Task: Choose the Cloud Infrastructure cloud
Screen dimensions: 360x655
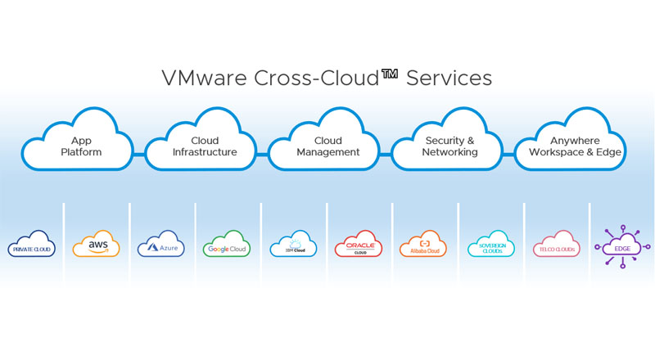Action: tap(204, 146)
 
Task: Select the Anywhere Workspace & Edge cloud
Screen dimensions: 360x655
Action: tap(575, 146)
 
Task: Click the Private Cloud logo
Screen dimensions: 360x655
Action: tap(31, 246)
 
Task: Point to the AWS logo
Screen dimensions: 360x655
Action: tap(96, 245)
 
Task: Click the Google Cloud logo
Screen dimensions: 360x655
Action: tap(228, 246)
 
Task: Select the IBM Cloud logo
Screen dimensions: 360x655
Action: tap(293, 246)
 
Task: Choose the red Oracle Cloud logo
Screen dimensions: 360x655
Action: tap(359, 246)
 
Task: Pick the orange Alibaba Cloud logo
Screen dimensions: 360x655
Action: tap(425, 246)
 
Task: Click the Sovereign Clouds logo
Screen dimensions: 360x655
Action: tap(491, 246)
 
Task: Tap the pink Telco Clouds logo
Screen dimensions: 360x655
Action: tap(556, 246)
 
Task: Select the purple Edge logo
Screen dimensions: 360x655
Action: tap(622, 246)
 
